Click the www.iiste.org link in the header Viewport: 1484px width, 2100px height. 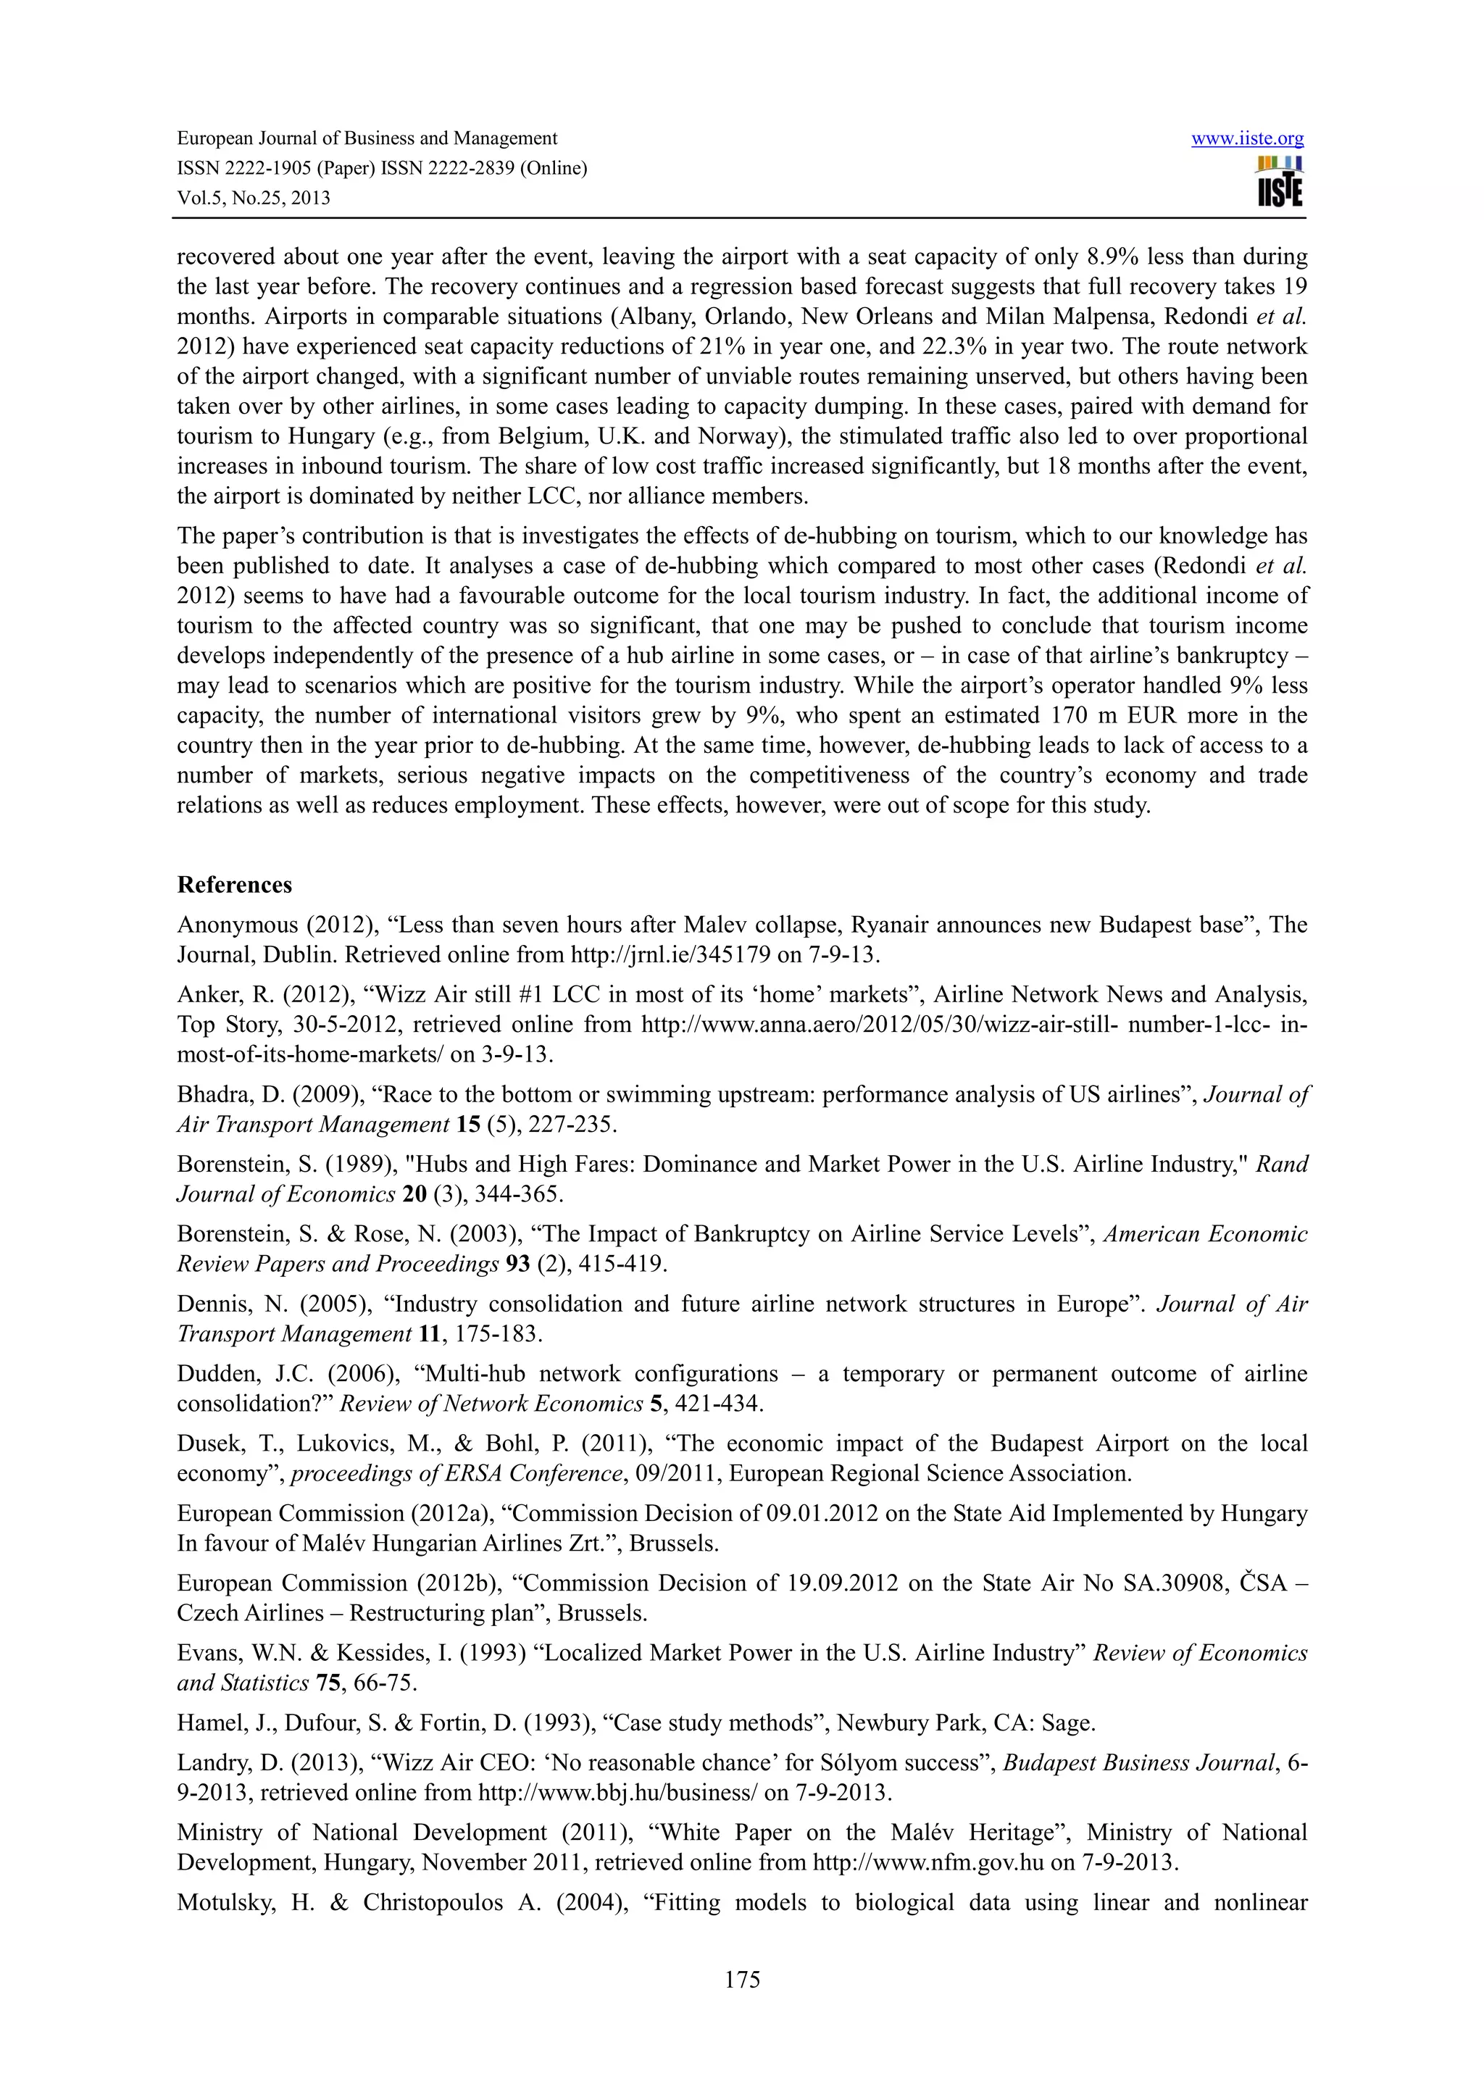tap(1247, 138)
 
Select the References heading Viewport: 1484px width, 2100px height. tap(234, 885)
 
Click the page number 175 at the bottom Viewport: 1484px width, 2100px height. tap(741, 1978)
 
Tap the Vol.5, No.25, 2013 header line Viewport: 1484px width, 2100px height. tap(254, 199)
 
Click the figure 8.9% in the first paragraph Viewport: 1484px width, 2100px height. tap(1110, 257)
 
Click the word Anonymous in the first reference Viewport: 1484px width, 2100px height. tap(237, 925)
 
